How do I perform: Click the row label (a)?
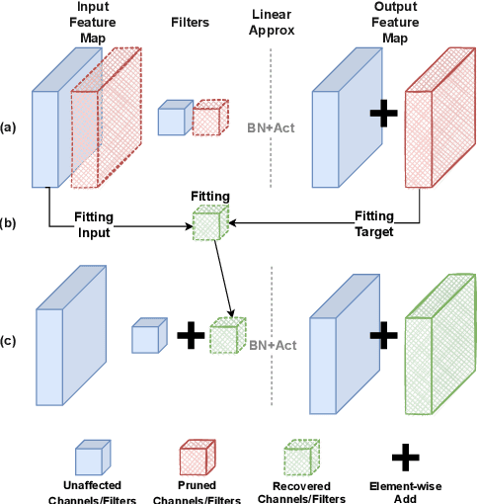tap(9, 127)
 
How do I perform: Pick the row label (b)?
tap(9, 222)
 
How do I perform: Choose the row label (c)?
tap(9, 342)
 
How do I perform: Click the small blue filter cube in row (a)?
tap(173, 118)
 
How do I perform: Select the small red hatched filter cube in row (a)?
tap(207, 118)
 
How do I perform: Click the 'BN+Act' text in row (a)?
tap(270, 126)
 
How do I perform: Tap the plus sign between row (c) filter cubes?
tap(189, 338)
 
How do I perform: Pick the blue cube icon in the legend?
tap(93, 457)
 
